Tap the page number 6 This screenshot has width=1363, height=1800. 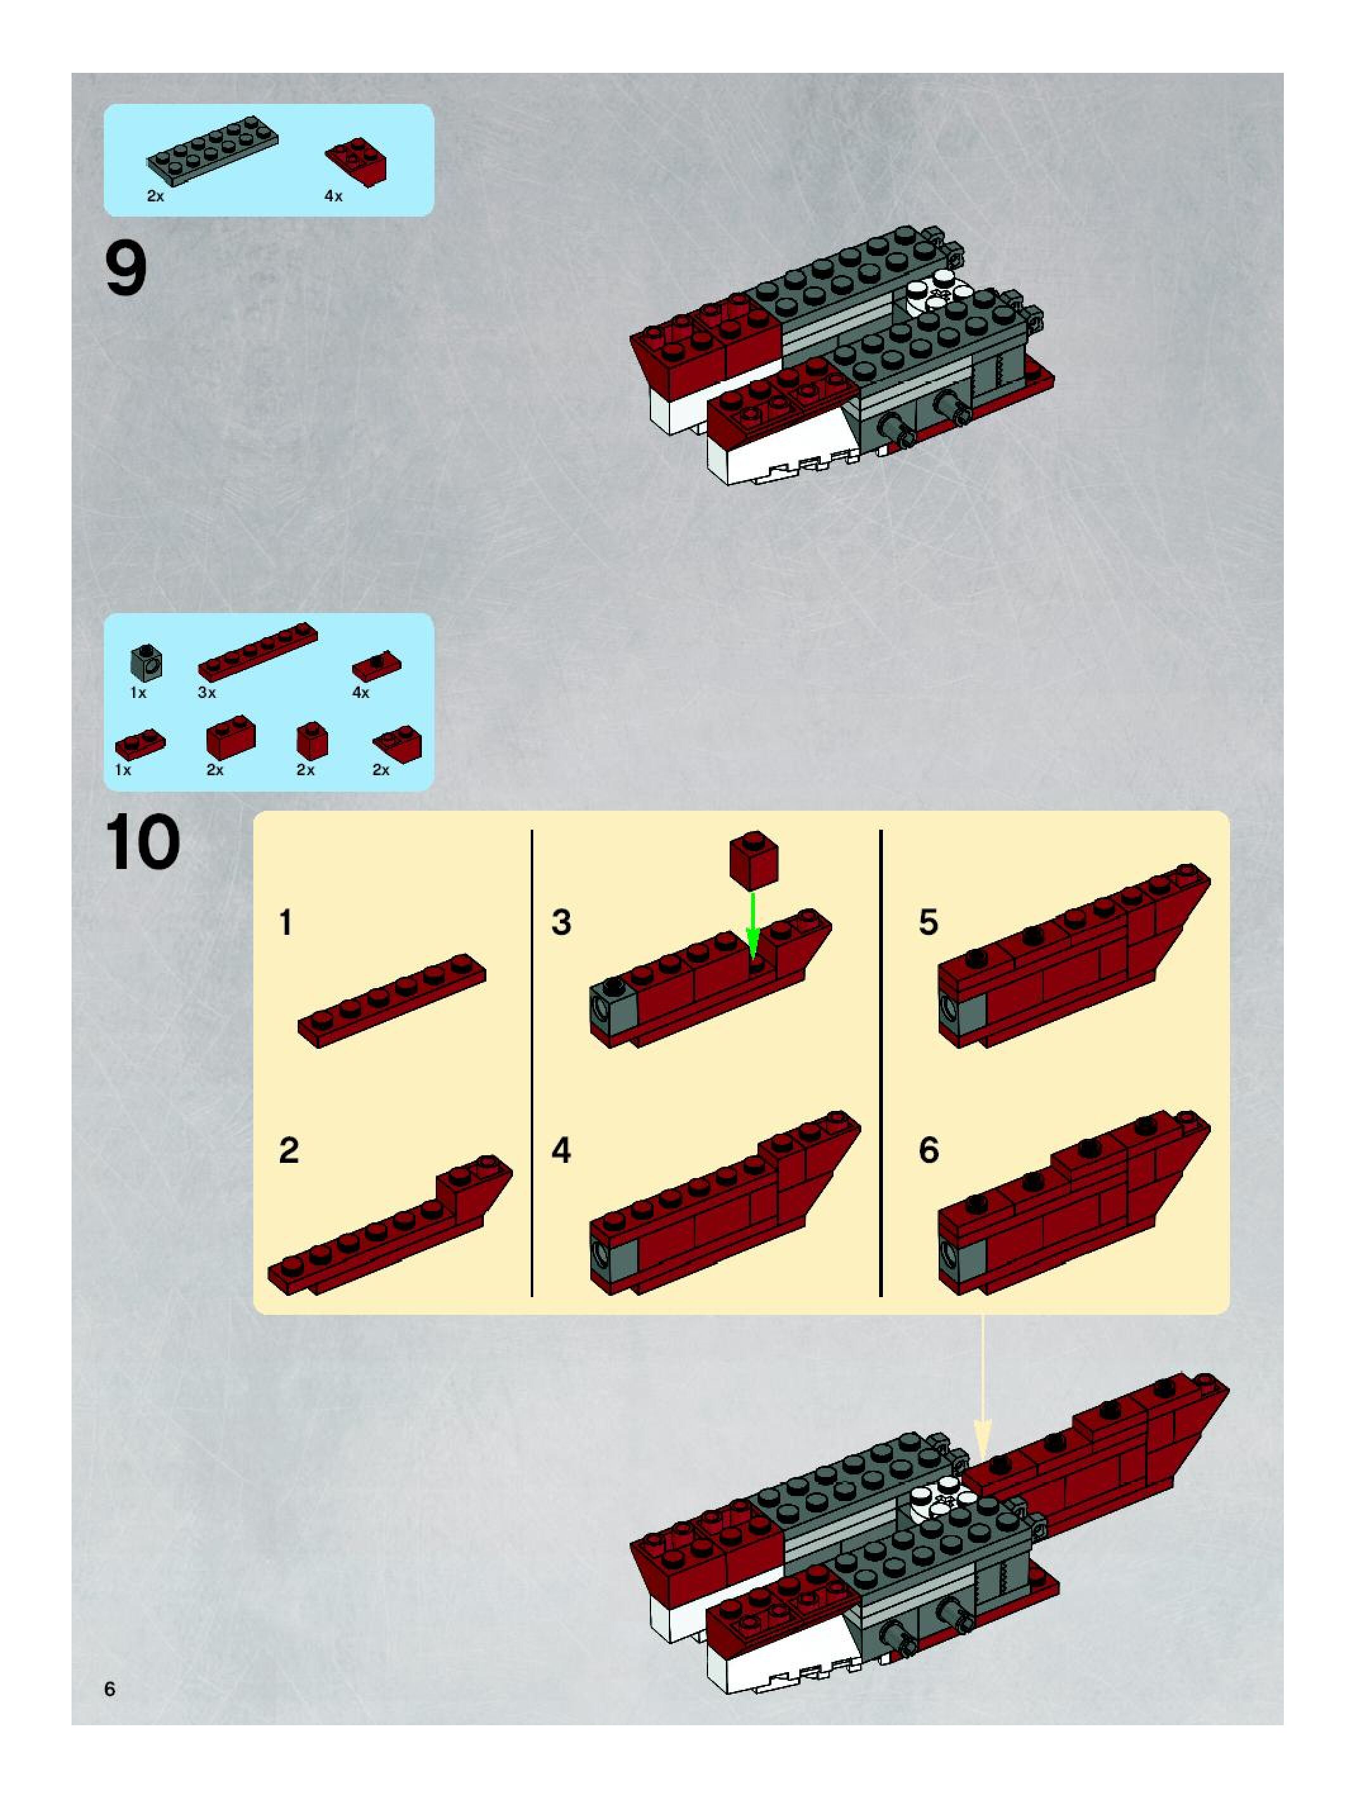click(x=110, y=1689)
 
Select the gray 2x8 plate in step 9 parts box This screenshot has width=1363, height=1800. click(x=212, y=151)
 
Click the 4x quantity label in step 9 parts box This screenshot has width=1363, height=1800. click(x=334, y=196)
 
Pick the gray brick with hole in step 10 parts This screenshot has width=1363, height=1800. click(x=146, y=663)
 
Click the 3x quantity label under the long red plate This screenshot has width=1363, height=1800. click(x=206, y=692)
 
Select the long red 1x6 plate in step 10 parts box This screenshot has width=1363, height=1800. click(x=257, y=652)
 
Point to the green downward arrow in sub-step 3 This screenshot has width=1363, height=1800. click(x=752, y=926)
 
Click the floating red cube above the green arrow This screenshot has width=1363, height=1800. click(x=754, y=859)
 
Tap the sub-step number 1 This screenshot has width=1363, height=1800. click(x=286, y=923)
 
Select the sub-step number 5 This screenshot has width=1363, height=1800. click(x=929, y=923)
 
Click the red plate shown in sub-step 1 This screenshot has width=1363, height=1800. click(x=391, y=1001)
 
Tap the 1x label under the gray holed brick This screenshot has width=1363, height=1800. click(x=138, y=692)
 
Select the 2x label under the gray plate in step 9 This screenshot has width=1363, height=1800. click(x=155, y=196)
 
